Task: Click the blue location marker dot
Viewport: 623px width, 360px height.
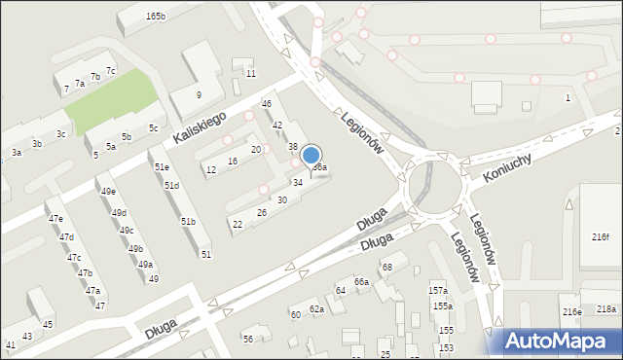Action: point(311,155)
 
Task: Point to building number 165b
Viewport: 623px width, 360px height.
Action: point(156,17)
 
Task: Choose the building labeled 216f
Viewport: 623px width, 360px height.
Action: point(600,237)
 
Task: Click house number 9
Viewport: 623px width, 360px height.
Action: point(199,94)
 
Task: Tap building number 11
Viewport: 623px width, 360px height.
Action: point(250,74)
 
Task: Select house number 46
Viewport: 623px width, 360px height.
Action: point(266,104)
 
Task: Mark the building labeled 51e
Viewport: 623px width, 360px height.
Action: point(162,167)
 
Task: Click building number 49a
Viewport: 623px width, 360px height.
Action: point(145,265)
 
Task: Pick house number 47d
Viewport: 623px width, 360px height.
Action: point(66,237)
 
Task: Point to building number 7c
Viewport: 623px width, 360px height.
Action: point(110,71)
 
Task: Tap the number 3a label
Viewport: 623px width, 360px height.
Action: point(17,153)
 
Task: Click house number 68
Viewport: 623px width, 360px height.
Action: point(386,267)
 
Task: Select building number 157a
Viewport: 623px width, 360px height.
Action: point(438,291)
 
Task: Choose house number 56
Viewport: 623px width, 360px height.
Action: point(248,339)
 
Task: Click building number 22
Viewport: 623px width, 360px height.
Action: point(237,225)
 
